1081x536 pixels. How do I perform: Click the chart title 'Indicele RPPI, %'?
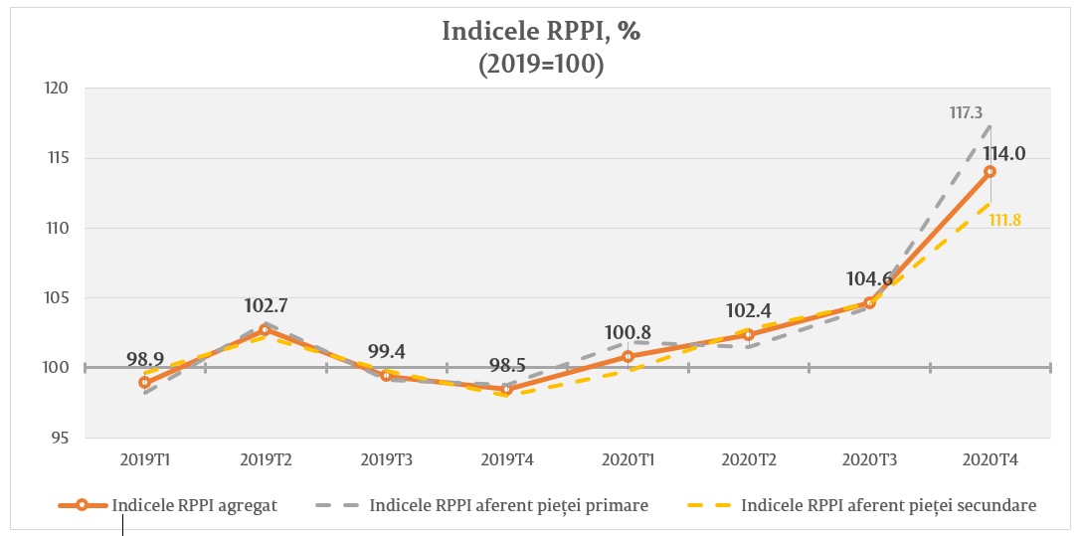541,31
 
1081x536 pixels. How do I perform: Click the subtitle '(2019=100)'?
541,63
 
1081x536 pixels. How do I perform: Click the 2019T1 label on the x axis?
144,460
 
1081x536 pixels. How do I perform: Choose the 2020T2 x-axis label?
749,460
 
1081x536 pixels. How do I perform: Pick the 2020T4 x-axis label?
991,460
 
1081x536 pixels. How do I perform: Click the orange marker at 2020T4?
990,171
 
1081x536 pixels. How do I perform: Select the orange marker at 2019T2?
266,329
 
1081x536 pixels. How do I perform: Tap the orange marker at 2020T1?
628,356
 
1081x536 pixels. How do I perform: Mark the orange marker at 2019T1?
144,382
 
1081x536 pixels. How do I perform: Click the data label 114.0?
1004,154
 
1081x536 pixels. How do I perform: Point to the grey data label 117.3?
966,114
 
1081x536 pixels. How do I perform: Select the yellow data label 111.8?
1005,220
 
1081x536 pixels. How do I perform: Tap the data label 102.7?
266,306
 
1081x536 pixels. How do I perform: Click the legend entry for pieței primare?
508,505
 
